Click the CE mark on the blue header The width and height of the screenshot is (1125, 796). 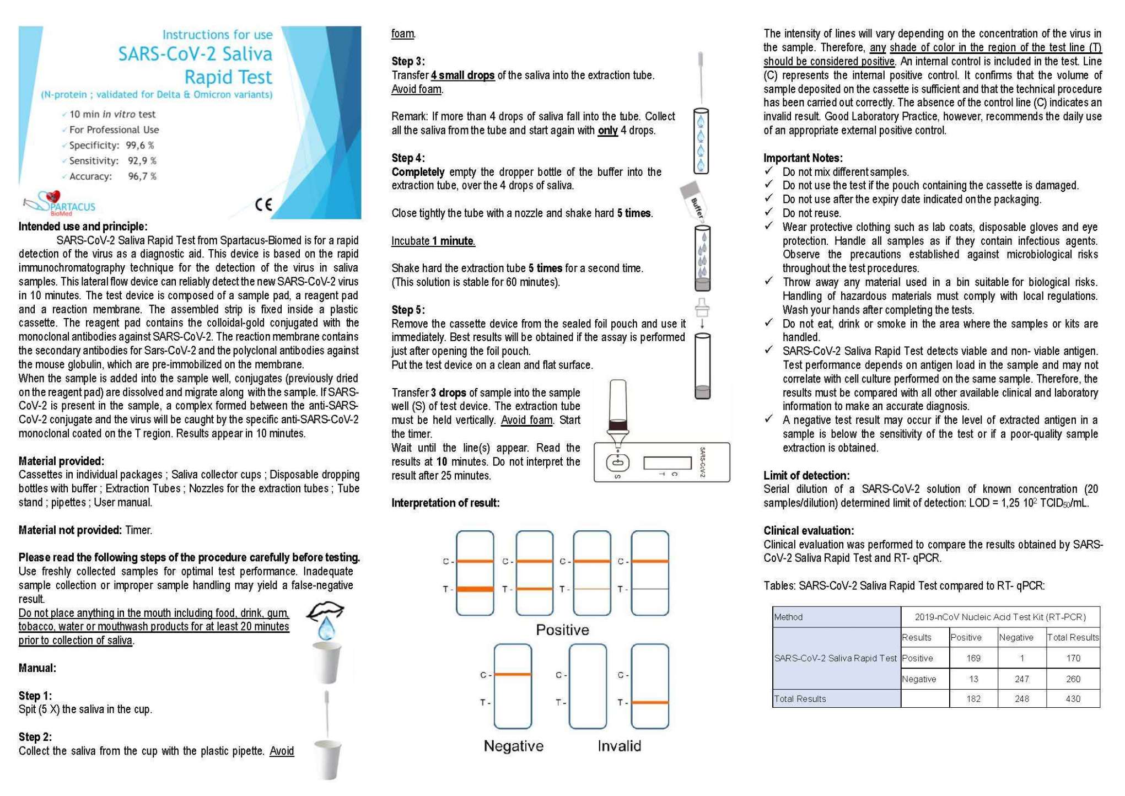click(263, 205)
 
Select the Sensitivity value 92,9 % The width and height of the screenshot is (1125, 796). click(142, 161)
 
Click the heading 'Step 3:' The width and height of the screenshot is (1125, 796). click(408, 61)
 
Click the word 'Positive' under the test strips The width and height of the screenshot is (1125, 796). click(562, 630)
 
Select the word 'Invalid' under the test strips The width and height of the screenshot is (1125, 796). click(619, 746)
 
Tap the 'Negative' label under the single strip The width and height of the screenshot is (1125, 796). click(513, 746)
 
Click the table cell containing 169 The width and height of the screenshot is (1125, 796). click(973, 658)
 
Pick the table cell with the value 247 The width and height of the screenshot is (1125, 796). click(1021, 679)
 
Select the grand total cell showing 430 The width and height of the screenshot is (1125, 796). click(1073, 699)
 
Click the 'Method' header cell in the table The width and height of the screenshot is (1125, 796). click(788, 617)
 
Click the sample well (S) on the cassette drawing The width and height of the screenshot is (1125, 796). click(617, 462)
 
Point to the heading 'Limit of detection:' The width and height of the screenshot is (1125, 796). click(806, 475)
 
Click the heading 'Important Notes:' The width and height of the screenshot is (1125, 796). click(803, 158)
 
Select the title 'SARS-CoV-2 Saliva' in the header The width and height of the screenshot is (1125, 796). click(195, 54)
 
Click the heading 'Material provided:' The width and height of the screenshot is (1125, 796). click(61, 461)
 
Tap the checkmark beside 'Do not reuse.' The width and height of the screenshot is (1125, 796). click(769, 212)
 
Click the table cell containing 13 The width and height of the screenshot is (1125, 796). click(973, 679)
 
